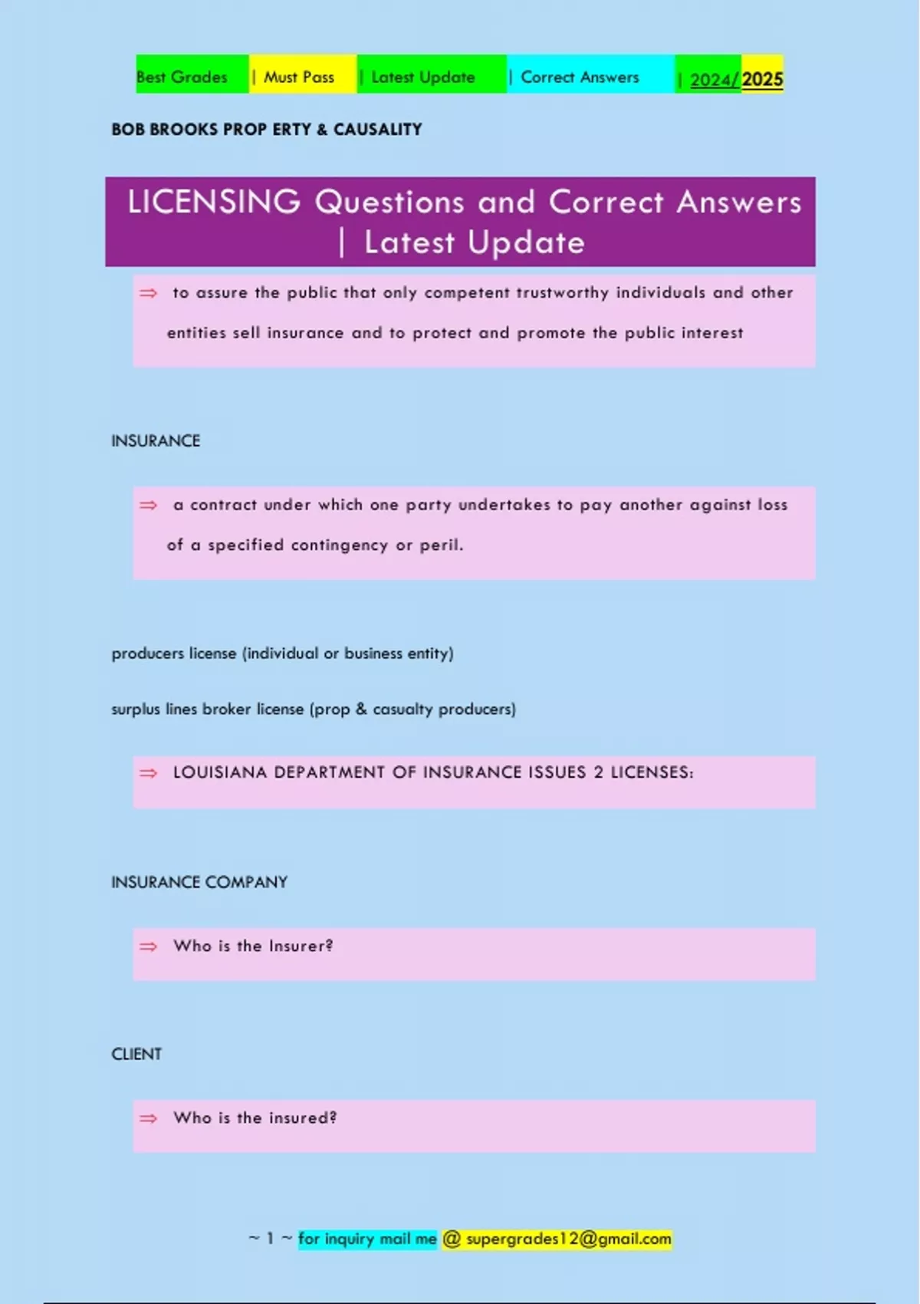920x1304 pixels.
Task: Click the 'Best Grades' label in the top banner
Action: point(182,77)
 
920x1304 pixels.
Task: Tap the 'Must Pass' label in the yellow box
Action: point(299,77)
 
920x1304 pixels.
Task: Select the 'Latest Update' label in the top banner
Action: point(422,77)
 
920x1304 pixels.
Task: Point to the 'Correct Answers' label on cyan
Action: point(580,77)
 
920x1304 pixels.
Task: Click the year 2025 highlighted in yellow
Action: point(762,80)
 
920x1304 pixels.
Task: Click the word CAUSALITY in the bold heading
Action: point(377,130)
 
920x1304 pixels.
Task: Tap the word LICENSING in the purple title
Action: point(214,203)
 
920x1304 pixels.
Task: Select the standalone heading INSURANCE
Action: point(156,441)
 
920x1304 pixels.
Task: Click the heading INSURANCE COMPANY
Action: point(199,882)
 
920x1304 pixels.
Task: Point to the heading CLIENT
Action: point(136,1054)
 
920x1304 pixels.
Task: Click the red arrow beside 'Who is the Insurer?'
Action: point(148,947)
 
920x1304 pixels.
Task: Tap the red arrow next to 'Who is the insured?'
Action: point(148,1118)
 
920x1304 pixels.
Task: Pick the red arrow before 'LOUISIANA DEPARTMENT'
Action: point(148,772)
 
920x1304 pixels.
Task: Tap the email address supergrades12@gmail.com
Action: point(568,1239)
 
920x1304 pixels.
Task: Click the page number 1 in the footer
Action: point(270,1239)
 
